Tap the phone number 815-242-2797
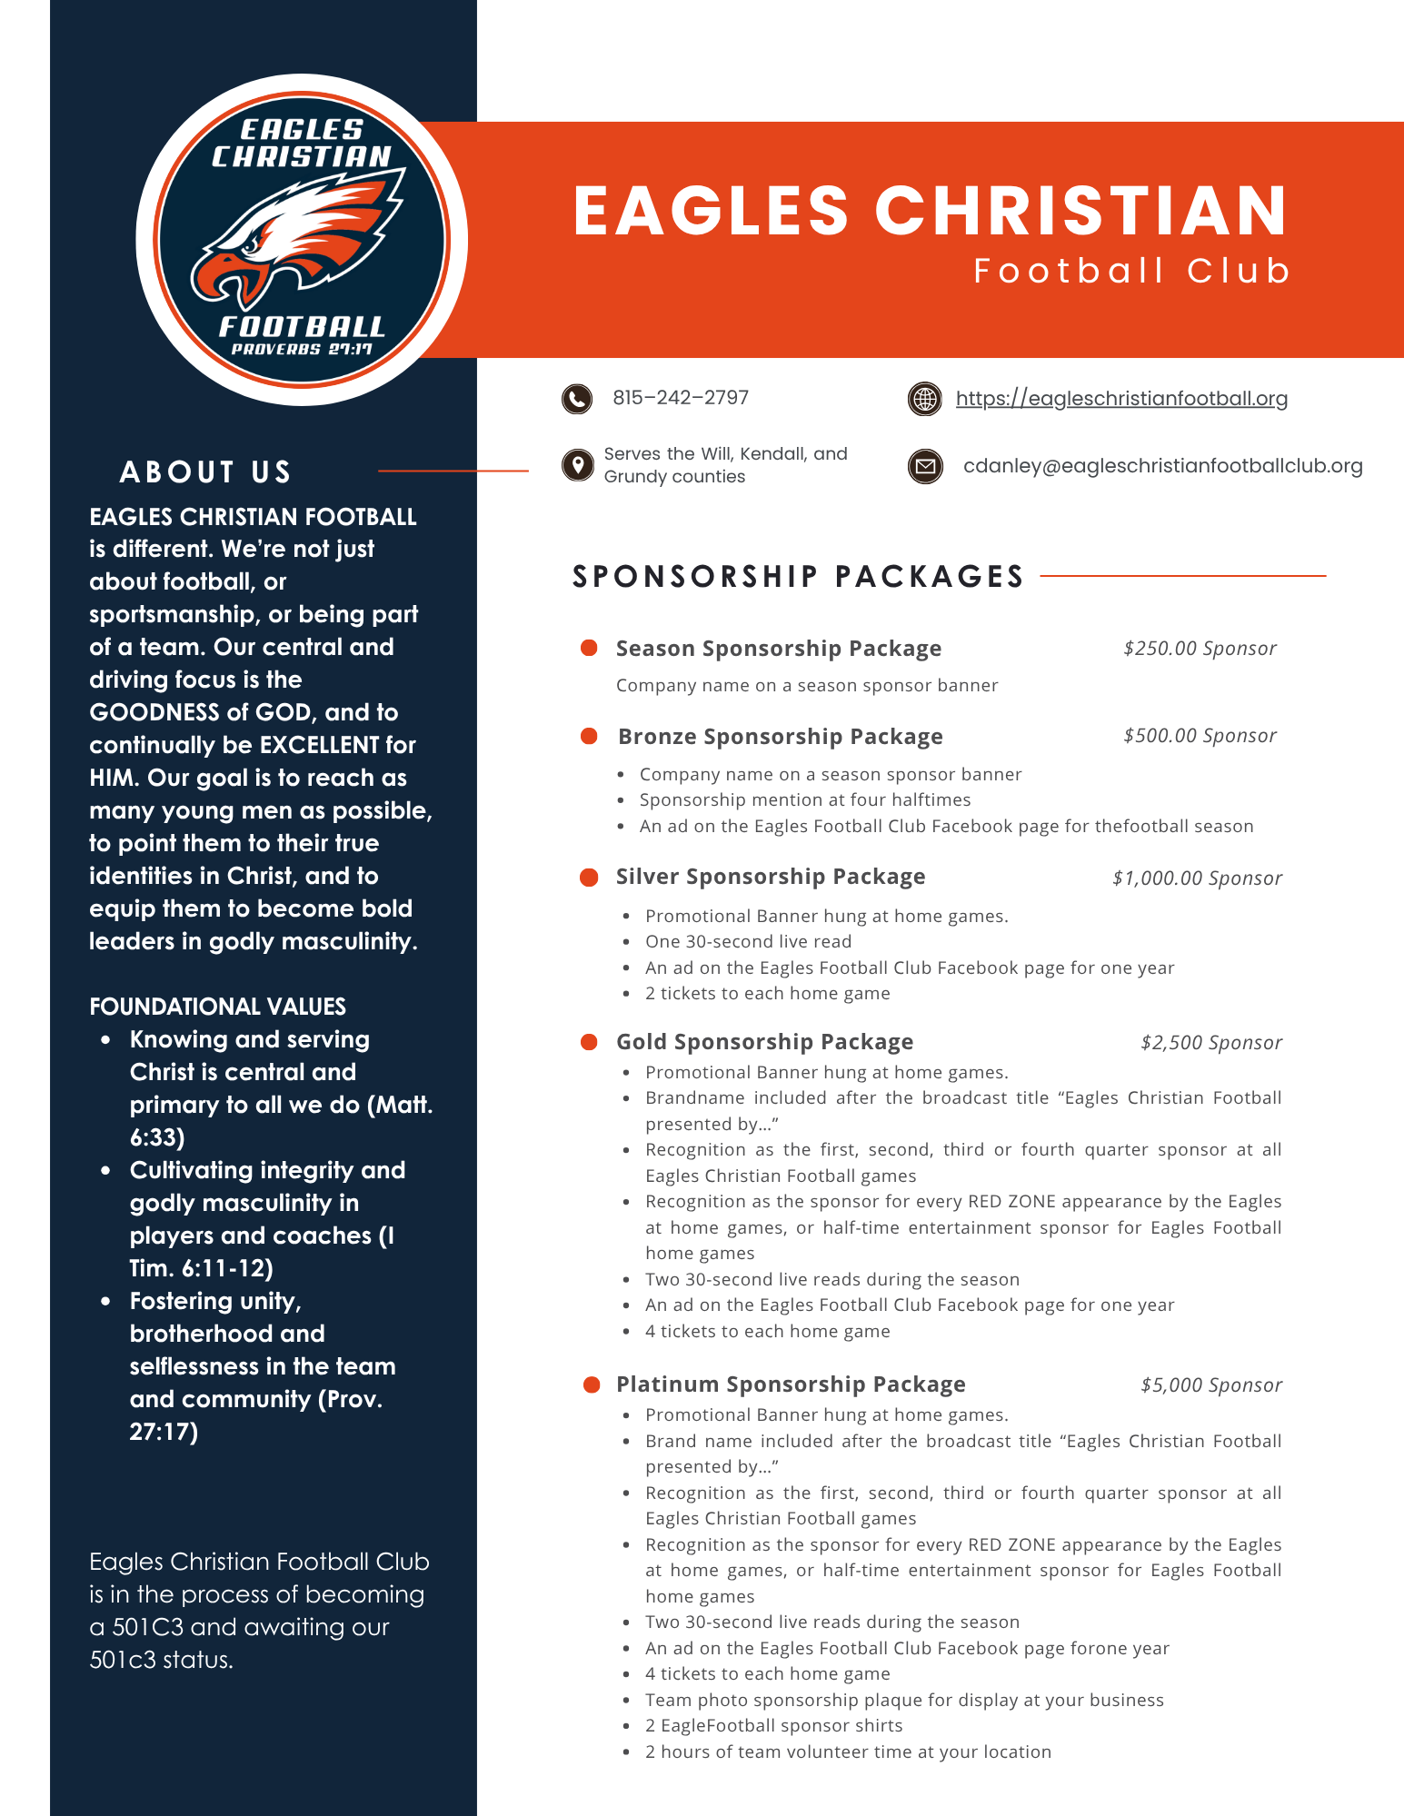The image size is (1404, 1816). (681, 398)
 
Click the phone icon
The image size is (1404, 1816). (577, 399)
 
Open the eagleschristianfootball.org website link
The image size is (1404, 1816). (1121, 399)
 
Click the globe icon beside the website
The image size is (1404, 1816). (925, 399)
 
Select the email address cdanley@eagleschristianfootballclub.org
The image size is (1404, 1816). (1162, 466)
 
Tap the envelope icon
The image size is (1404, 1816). (925, 467)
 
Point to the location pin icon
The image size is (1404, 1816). (578, 465)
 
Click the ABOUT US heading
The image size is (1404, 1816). (205, 472)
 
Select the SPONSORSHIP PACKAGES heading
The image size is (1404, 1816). (798, 577)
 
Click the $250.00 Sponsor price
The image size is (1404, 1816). (1200, 649)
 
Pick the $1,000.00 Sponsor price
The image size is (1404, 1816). (1197, 878)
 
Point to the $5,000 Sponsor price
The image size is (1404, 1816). (1211, 1385)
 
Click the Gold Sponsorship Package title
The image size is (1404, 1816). (764, 1042)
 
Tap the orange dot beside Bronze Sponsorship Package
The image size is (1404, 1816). (589, 736)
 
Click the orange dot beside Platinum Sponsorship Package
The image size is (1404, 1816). (592, 1384)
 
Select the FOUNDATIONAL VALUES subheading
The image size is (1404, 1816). (217, 1007)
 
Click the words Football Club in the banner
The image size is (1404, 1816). (1131, 271)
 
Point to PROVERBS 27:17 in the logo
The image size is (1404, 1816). (302, 350)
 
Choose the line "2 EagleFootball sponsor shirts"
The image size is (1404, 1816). (773, 1725)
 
